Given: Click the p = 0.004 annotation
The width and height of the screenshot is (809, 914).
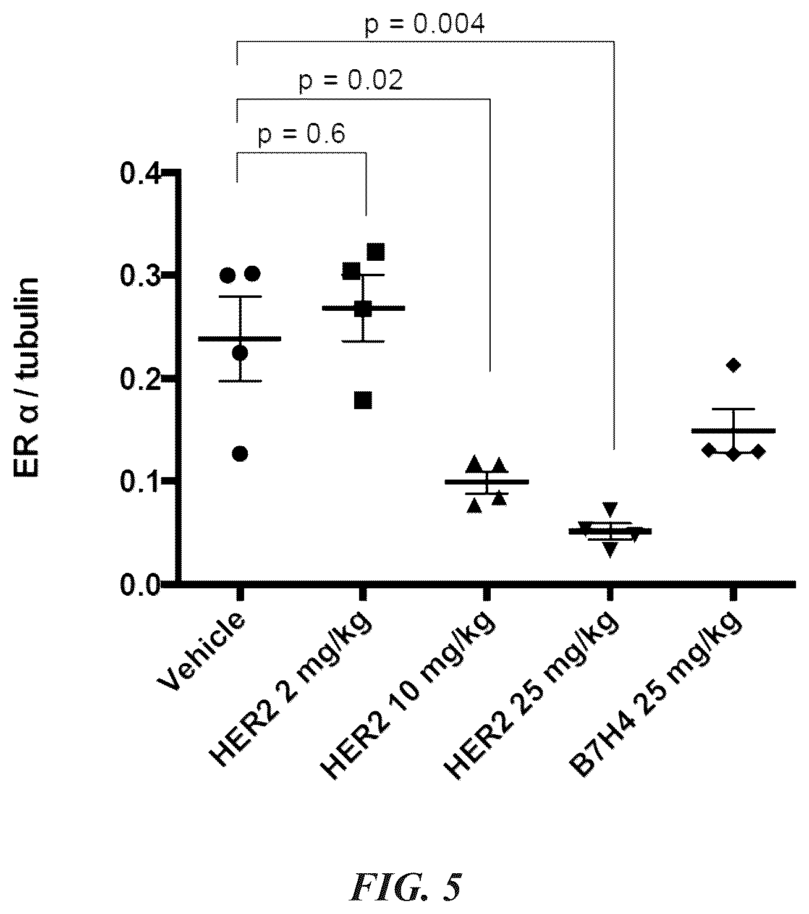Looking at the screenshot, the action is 424,24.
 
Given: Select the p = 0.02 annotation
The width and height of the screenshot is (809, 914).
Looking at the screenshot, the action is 350,81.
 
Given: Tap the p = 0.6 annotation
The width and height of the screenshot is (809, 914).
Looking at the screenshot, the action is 302,135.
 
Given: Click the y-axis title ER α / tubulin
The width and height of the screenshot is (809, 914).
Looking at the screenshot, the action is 26,377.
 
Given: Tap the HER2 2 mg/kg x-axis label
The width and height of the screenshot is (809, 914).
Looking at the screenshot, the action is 291,688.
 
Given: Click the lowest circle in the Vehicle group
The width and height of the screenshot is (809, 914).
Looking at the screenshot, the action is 240,454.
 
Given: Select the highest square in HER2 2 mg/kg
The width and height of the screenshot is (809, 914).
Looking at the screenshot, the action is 376,252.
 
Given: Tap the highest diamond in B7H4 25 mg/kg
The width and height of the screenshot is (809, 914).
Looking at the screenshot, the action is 734,365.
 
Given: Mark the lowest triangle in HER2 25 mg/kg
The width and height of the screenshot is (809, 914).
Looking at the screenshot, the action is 610,549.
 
